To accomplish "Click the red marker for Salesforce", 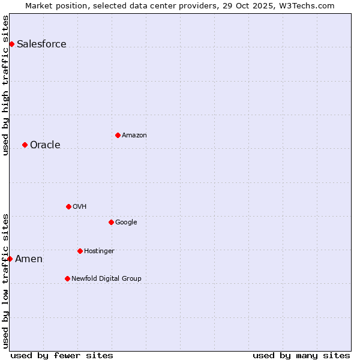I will point(11,44).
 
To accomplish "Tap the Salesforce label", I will point(41,44).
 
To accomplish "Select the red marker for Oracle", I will point(25,145).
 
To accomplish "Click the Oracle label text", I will point(45,145).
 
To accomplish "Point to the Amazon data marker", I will point(118,135).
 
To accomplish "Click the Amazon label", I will point(134,136).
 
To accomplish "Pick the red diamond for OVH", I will point(68,206).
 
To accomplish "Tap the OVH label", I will point(80,207).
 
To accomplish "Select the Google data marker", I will point(111,222).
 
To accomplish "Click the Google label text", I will point(126,223).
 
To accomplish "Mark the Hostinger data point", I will point(80,251).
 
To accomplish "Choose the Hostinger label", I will point(99,251).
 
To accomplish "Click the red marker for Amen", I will point(10,259).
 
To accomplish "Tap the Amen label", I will point(29,259).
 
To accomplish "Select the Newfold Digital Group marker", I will point(67,278).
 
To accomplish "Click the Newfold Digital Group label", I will point(106,279).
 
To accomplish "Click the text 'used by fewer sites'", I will point(62,355).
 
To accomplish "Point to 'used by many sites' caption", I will point(301,355).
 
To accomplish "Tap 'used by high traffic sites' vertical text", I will point(6,85).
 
